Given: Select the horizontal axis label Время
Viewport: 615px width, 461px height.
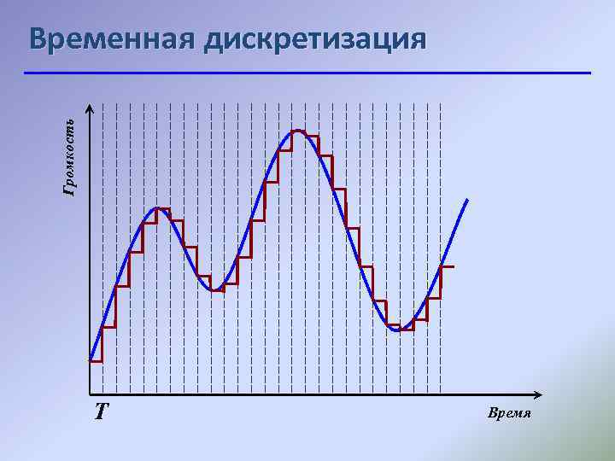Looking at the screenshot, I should pos(510,413).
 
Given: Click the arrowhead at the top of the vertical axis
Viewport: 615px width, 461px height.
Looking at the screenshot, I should pos(90,108).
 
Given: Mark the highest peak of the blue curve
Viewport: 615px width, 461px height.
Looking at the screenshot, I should pos(297,131).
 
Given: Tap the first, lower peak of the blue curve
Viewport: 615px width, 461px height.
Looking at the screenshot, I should pos(157,207).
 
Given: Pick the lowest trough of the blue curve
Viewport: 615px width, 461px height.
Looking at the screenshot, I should pos(398,330).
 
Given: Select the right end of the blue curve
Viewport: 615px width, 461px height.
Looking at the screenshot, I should pos(467,200).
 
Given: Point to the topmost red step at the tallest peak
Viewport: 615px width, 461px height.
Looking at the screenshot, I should pos(299,131).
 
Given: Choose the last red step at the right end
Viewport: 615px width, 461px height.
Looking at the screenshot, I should pos(448,267).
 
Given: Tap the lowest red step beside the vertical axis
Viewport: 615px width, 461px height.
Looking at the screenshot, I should pos(96,361).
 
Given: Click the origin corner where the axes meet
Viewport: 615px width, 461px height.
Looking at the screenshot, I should pos(90,394).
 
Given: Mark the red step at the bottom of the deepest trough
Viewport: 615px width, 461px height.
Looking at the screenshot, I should pos(401,330).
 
